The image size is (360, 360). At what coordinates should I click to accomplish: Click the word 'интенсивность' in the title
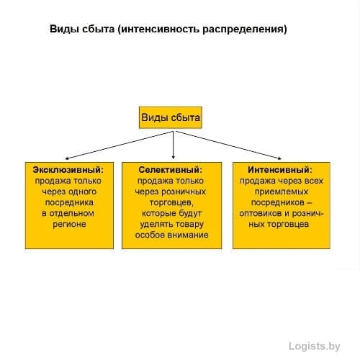[x=160, y=30]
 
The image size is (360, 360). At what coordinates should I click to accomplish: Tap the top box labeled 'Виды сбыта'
[x=171, y=117]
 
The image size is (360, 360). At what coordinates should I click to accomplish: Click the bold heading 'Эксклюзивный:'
[x=68, y=170]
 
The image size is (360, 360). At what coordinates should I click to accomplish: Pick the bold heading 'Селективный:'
[x=171, y=170]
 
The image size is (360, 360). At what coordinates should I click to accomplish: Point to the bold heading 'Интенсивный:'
[x=280, y=170]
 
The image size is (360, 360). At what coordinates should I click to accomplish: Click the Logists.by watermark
[x=315, y=346]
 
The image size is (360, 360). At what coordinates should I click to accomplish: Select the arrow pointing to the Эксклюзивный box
[x=120, y=145]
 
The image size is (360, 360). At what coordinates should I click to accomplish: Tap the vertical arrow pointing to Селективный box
[x=174, y=145]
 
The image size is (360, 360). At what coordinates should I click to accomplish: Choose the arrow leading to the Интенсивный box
[x=228, y=145]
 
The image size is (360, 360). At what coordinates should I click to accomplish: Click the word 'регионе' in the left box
[x=69, y=224]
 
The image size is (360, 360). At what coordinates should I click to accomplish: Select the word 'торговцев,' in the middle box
[x=171, y=202]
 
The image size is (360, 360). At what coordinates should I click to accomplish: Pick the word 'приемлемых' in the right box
[x=282, y=192]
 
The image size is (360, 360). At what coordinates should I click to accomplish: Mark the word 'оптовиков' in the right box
[x=261, y=213]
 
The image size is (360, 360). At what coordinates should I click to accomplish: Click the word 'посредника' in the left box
[x=69, y=202]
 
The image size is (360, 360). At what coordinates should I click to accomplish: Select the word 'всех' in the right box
[x=314, y=181]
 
